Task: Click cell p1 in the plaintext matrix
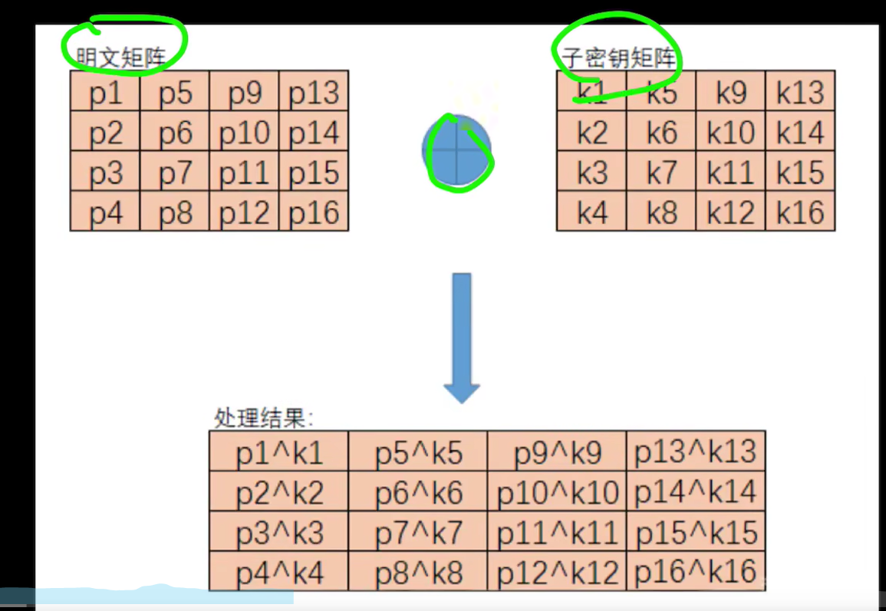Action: point(105,92)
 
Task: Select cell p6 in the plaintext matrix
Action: point(175,132)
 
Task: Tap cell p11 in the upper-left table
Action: point(244,172)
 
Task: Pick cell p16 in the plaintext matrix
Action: point(314,212)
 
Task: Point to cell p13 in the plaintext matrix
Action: point(314,92)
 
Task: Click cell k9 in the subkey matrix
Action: point(730,92)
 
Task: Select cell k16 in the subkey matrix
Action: point(800,212)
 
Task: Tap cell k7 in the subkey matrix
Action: point(661,172)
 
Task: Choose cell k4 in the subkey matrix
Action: point(591,212)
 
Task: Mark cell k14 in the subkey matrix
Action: point(800,132)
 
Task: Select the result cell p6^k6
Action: point(418,491)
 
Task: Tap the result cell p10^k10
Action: point(557,491)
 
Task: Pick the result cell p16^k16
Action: point(696,571)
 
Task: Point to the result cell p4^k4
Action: point(279,571)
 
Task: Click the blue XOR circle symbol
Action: point(457,151)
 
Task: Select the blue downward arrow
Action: point(462,337)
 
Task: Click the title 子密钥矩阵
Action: point(618,57)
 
